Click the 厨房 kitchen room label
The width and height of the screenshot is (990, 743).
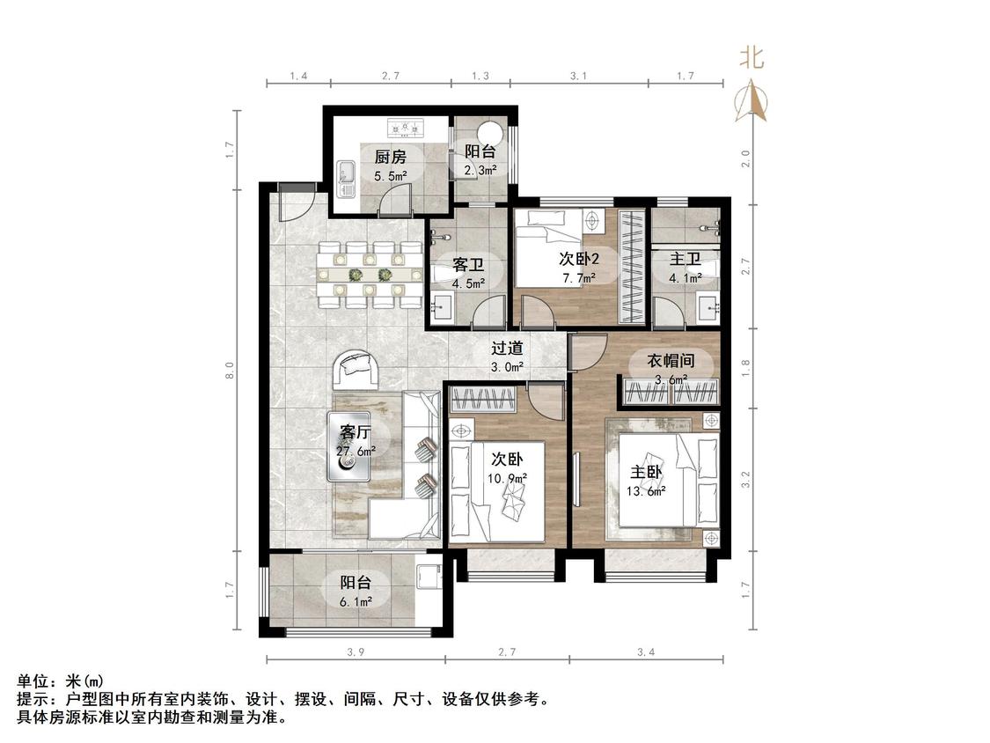(390, 157)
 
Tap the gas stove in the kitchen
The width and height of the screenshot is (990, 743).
(406, 129)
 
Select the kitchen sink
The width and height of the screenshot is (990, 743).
(347, 177)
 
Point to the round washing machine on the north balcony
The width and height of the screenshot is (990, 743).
(490, 133)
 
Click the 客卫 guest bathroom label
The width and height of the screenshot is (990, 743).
(468, 264)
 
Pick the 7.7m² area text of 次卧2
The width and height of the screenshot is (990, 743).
(579, 278)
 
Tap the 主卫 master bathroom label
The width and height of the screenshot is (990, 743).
(685, 259)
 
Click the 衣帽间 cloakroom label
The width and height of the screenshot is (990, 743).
(671, 361)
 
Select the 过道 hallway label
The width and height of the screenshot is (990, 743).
(507, 348)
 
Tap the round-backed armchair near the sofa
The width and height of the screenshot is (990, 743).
(356, 371)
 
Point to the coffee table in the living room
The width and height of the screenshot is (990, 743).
(348, 446)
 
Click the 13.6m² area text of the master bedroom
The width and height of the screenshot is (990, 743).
(646, 491)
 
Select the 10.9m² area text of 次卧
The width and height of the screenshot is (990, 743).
(507, 478)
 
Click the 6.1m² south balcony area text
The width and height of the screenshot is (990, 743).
(356, 602)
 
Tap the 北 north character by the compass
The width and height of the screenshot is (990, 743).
(752, 58)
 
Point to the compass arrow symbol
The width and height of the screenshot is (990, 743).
(752, 99)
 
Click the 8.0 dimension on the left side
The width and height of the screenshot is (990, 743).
(231, 371)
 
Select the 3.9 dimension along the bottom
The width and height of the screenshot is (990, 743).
(356, 652)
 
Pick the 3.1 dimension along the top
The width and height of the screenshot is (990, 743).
(578, 76)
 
